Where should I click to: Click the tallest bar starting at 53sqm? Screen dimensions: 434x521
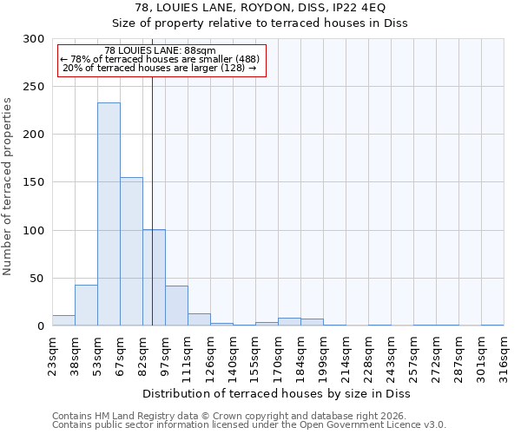(109, 214)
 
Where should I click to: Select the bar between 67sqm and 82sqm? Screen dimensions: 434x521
(131, 252)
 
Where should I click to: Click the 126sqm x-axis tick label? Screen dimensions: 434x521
(210, 356)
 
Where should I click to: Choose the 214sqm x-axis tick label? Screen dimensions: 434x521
(346, 356)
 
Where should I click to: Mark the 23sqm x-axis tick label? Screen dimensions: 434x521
(52, 356)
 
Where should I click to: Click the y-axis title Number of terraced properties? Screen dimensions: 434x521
(8, 187)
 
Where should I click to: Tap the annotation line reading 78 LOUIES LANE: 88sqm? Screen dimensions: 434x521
(160, 50)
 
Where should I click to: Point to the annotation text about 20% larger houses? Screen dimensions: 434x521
(160, 68)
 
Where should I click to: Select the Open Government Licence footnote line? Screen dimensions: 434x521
(249, 425)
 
